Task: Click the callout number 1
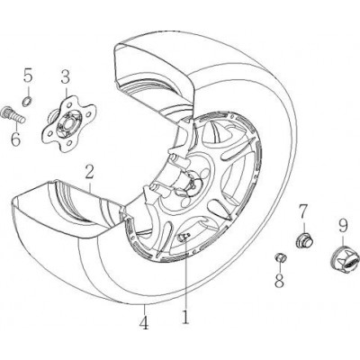[185, 314]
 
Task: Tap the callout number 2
[89, 174]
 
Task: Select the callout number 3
[66, 77]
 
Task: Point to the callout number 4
[144, 321]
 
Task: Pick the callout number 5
[28, 76]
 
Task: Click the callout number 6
[15, 138]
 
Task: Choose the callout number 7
[303, 211]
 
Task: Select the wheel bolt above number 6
[13, 114]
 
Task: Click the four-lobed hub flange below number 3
[68, 123]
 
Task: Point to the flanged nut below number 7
[304, 240]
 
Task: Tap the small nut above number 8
[280, 257]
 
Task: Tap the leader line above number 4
[144, 309]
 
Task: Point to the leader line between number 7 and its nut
[303, 228]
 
